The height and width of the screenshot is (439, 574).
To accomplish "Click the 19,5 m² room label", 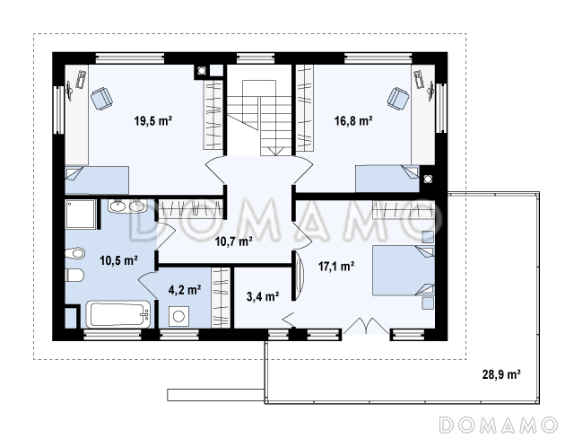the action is coord(153,120).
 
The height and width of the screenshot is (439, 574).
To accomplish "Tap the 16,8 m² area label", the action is coord(353,120).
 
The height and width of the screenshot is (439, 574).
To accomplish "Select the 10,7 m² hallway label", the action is coord(233,241).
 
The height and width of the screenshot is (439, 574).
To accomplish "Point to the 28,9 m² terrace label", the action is coord(501,374).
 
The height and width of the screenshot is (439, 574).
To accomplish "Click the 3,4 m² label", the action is coord(263,296).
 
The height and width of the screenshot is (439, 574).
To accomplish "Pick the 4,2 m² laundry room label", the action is coord(185,290).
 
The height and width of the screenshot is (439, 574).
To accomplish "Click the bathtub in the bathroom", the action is coord(118,314).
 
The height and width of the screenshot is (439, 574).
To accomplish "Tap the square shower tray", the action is coord(81,215).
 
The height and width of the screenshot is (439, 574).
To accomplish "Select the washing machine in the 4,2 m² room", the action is coord(178,316).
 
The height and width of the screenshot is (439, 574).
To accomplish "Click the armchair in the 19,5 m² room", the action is coord(101,99).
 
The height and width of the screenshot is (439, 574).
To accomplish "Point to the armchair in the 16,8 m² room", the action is coord(398,98).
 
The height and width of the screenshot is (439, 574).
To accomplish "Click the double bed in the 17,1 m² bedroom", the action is coord(404,270).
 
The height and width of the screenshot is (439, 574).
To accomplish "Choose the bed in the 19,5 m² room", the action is coord(97,180).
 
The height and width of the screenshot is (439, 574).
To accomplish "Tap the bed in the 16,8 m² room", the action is coord(387,179).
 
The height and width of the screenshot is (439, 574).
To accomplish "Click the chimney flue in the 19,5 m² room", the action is coord(201,71).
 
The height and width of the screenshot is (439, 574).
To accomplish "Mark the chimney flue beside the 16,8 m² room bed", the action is coord(427,180).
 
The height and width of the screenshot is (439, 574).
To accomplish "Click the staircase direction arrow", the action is coord(275,151).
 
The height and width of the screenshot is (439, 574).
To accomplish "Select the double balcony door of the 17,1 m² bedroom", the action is coord(366,326).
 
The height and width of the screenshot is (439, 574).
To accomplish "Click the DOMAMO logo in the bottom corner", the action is coord(499,425).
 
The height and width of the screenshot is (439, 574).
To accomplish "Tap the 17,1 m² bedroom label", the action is coord(336,267).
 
